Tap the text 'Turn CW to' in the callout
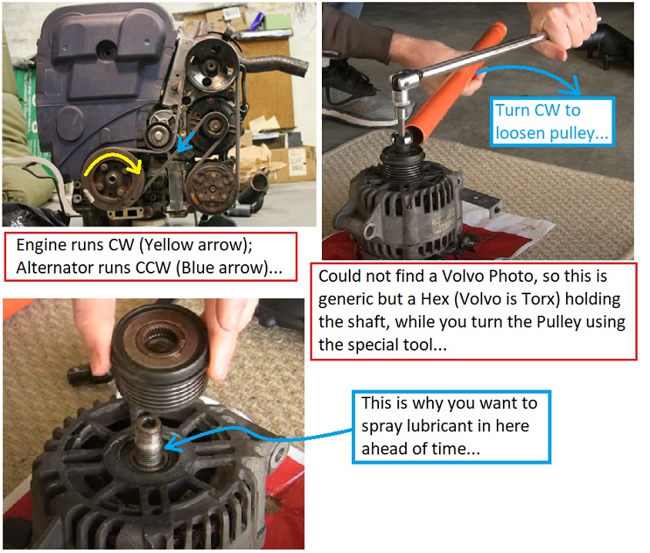pos(538,111)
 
